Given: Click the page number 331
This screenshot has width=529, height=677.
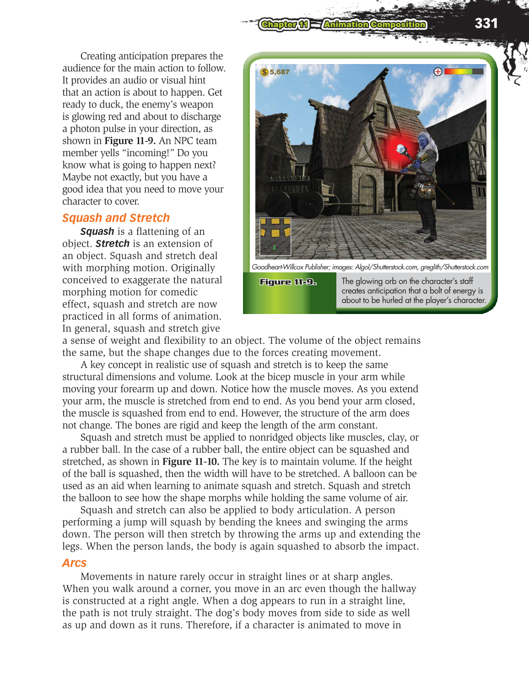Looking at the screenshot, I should click(486, 23).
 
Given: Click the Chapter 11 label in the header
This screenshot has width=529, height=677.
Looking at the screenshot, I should click(284, 24).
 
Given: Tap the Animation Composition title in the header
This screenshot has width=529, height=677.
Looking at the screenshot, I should click(374, 24).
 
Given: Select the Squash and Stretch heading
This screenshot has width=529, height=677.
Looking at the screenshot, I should click(116, 218).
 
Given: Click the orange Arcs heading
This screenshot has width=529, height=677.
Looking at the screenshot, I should click(74, 563).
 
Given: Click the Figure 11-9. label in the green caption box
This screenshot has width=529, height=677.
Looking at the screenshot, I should click(288, 282).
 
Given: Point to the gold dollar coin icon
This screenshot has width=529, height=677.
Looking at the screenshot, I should click(264, 72).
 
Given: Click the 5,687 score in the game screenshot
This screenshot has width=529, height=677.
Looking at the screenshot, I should click(280, 72).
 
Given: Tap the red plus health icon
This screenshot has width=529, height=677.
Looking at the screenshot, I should click(437, 71).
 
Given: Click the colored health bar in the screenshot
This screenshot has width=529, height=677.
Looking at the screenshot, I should click(463, 71).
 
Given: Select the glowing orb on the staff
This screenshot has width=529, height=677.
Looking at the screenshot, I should click(402, 149).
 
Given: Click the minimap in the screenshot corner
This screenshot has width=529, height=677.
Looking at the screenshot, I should click(275, 236).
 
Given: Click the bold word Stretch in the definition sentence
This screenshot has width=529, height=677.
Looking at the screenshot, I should click(113, 244).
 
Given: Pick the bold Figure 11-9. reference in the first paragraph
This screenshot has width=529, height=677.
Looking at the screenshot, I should click(130, 141).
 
